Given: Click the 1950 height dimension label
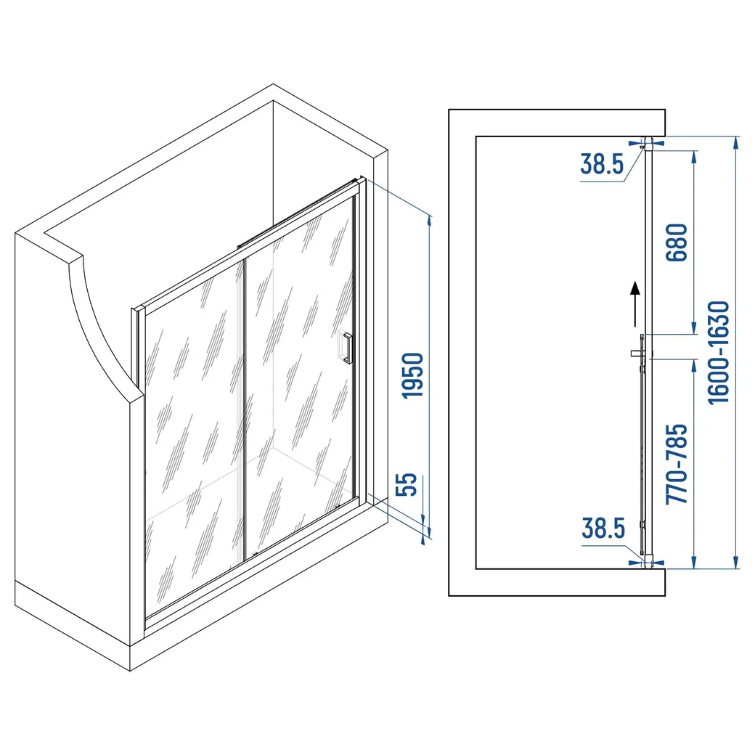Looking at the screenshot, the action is click(412, 375).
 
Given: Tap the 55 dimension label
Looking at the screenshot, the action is click(405, 484).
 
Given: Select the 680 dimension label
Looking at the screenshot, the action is click(677, 242).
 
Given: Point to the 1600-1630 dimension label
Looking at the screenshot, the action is click(719, 353).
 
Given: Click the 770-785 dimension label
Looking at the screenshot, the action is click(677, 464).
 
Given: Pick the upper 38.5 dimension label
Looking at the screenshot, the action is click(602, 164).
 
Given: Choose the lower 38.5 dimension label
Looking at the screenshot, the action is click(603, 528).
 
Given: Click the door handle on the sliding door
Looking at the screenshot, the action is click(347, 347).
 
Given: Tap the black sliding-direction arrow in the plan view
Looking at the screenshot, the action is click(636, 304).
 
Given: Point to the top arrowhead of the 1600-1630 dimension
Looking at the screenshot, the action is click(735, 142).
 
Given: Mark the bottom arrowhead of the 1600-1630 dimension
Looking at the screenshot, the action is click(735, 563).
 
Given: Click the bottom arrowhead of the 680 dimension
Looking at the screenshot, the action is click(694, 327).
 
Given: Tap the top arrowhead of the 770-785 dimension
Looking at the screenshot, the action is click(694, 365).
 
